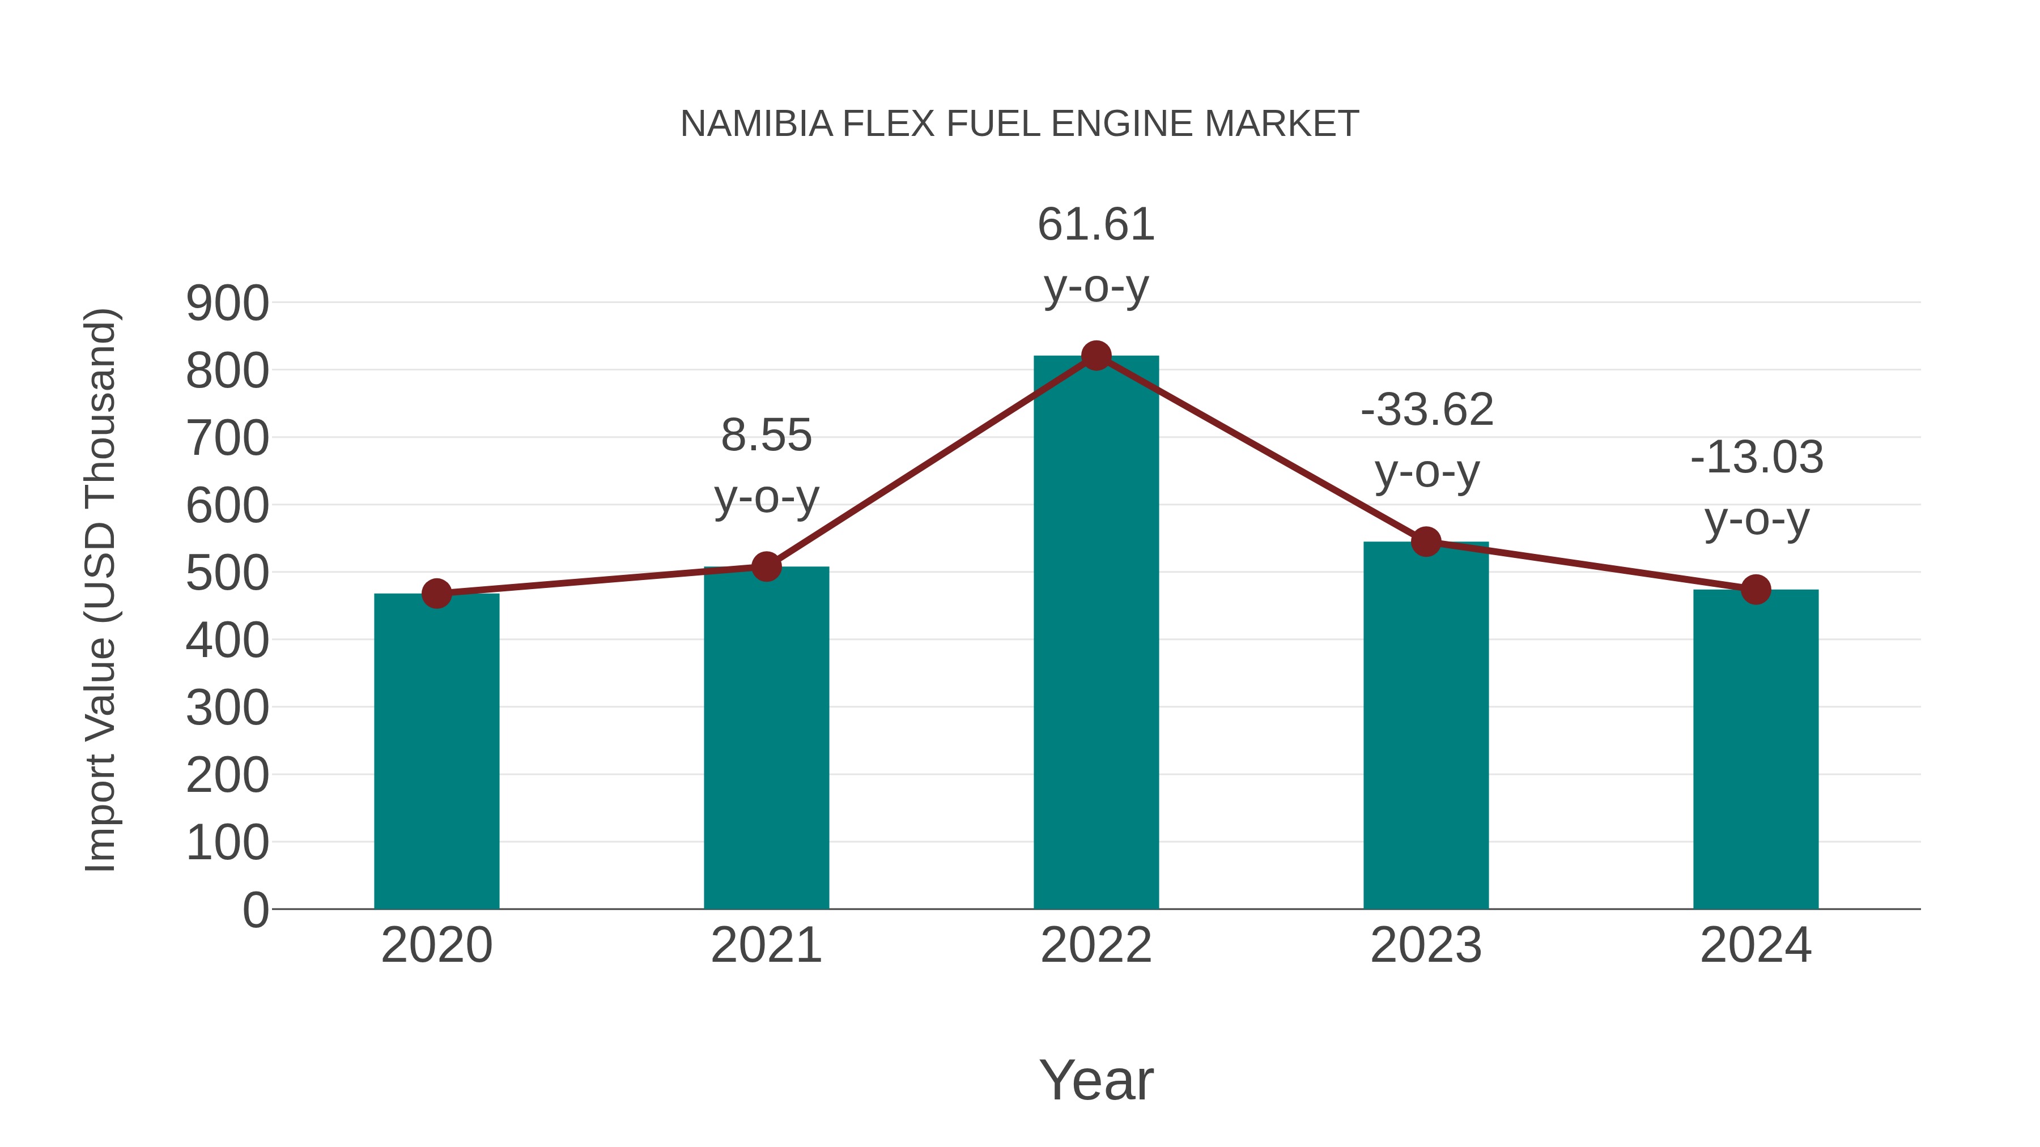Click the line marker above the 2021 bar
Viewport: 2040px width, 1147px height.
pos(766,567)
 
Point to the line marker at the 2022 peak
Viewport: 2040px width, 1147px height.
pos(1096,356)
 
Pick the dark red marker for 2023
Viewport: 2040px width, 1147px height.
pos(1426,542)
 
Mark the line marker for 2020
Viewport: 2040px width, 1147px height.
pos(436,593)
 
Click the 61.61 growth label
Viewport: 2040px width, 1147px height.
pos(1096,225)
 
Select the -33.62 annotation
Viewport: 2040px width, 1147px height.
pos(1427,410)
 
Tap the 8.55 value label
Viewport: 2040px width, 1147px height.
pos(766,436)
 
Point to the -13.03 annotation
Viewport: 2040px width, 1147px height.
pos(1757,458)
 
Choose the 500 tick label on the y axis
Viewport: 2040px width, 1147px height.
pos(227,573)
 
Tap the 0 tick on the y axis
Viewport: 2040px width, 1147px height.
pos(255,910)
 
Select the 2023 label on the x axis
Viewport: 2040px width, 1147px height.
pos(1426,945)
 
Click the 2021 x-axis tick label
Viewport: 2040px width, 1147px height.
pos(766,945)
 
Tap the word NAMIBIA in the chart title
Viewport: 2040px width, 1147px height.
pos(756,124)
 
